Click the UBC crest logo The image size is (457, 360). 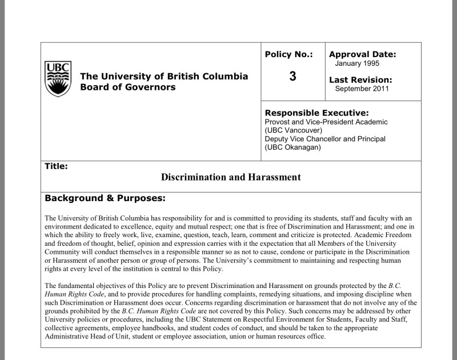58,78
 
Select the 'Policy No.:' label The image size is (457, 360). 289,55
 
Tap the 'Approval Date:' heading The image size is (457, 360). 362,55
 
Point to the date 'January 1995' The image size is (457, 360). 357,63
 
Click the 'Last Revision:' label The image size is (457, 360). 360,80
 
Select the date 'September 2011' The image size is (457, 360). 362,89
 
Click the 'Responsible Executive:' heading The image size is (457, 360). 316,113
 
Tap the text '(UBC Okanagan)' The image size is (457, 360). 294,147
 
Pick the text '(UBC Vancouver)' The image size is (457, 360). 294,130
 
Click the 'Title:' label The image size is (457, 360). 56,166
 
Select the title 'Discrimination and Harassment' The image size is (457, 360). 231,177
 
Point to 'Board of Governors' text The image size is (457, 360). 128,87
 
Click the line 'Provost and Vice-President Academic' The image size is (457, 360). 326,122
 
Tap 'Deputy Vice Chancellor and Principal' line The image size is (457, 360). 325,139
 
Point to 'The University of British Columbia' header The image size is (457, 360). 165,76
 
